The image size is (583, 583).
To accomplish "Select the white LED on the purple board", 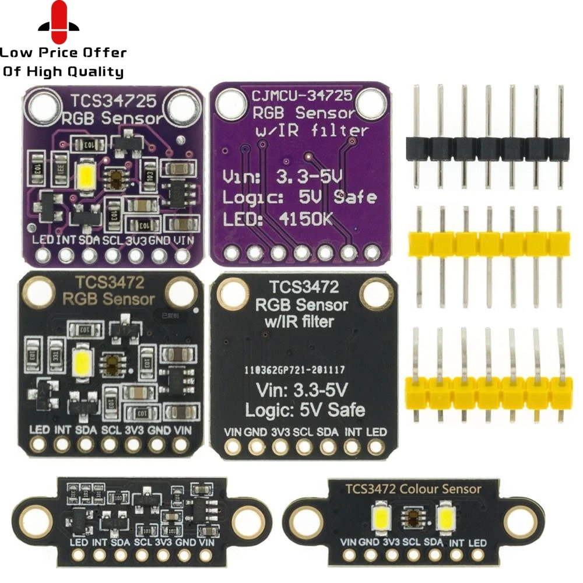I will tap(85, 173).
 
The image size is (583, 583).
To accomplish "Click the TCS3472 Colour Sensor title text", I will tap(413, 489).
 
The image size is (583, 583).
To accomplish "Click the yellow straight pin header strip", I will tap(489, 243).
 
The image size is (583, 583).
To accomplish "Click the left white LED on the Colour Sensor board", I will tap(381, 517).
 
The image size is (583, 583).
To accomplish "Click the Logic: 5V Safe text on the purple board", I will tap(300, 196).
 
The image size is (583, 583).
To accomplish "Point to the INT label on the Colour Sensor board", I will tap(457, 543).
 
